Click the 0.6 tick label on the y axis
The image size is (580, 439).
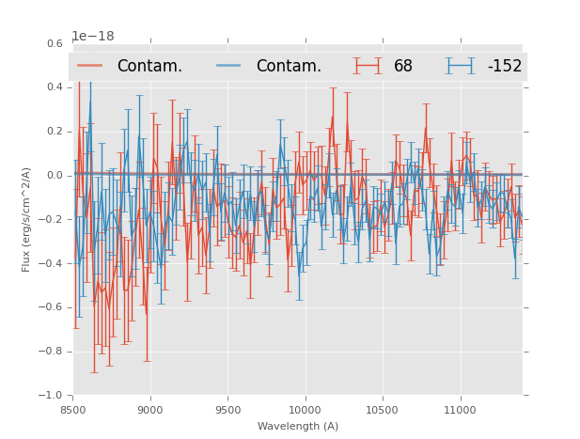pyautogui.click(x=55, y=43)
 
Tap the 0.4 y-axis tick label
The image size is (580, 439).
pyautogui.click(x=55, y=87)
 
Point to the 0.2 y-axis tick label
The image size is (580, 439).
pyautogui.click(x=55, y=132)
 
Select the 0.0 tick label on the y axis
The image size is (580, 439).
pyautogui.click(x=55, y=176)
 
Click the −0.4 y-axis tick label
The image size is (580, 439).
pyautogui.click(x=52, y=263)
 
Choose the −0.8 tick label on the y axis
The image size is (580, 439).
pyautogui.click(x=52, y=352)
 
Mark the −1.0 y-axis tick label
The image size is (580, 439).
pyautogui.click(x=52, y=396)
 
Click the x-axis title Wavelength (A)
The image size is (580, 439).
pyautogui.click(x=298, y=426)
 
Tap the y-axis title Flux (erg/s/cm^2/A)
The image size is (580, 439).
pyautogui.click(x=27, y=219)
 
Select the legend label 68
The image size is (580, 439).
pyautogui.click(x=403, y=67)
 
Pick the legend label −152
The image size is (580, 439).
pyautogui.click(x=504, y=67)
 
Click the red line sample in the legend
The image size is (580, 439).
pyautogui.click(x=90, y=66)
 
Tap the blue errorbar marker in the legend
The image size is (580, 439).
pyautogui.click(x=460, y=66)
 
